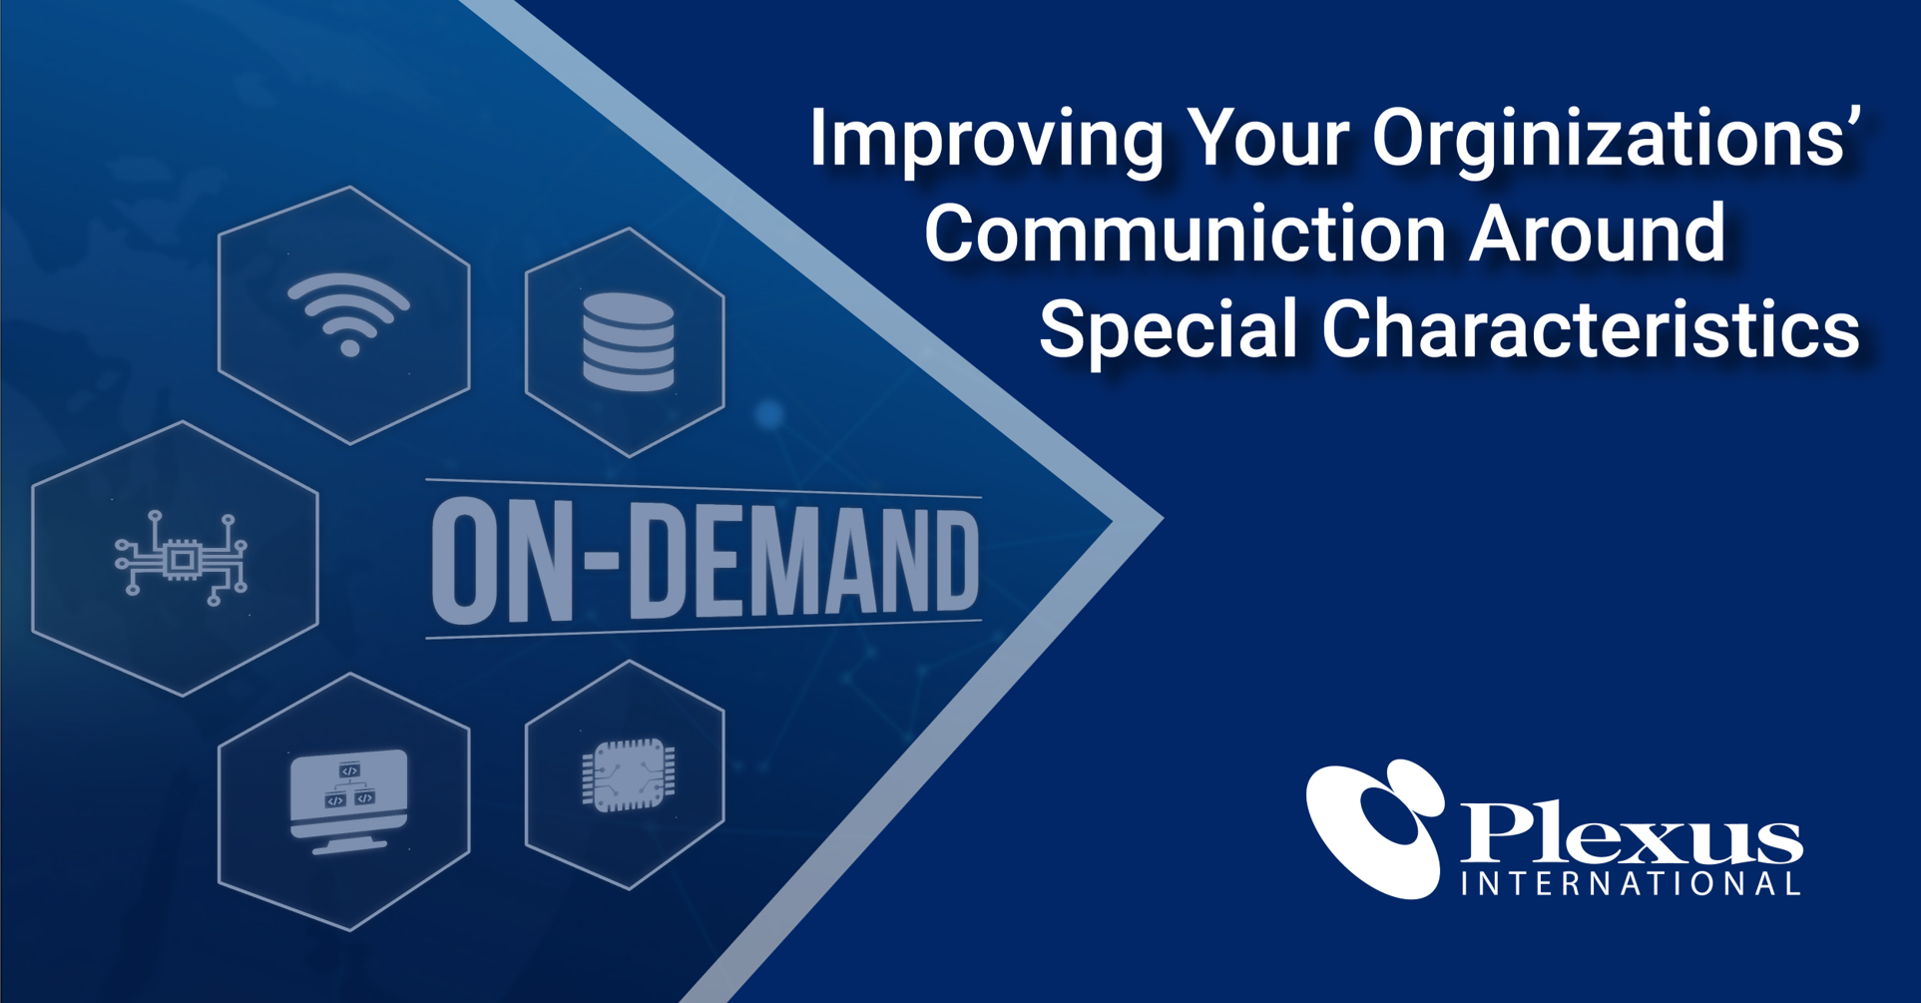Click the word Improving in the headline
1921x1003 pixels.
pyautogui.click(x=986, y=140)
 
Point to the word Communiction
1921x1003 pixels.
pyautogui.click(x=1185, y=233)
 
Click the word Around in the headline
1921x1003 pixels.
pyautogui.click(x=1598, y=233)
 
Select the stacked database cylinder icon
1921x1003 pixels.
pyautogui.click(x=629, y=341)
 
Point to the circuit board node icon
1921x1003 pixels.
pyautogui.click(x=181, y=559)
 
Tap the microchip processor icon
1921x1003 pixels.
pyautogui.click(x=629, y=774)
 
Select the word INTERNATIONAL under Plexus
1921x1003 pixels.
pyautogui.click(x=1631, y=884)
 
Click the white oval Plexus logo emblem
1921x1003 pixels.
pyautogui.click(x=1376, y=828)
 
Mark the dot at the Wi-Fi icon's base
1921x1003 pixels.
pyautogui.click(x=349, y=347)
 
